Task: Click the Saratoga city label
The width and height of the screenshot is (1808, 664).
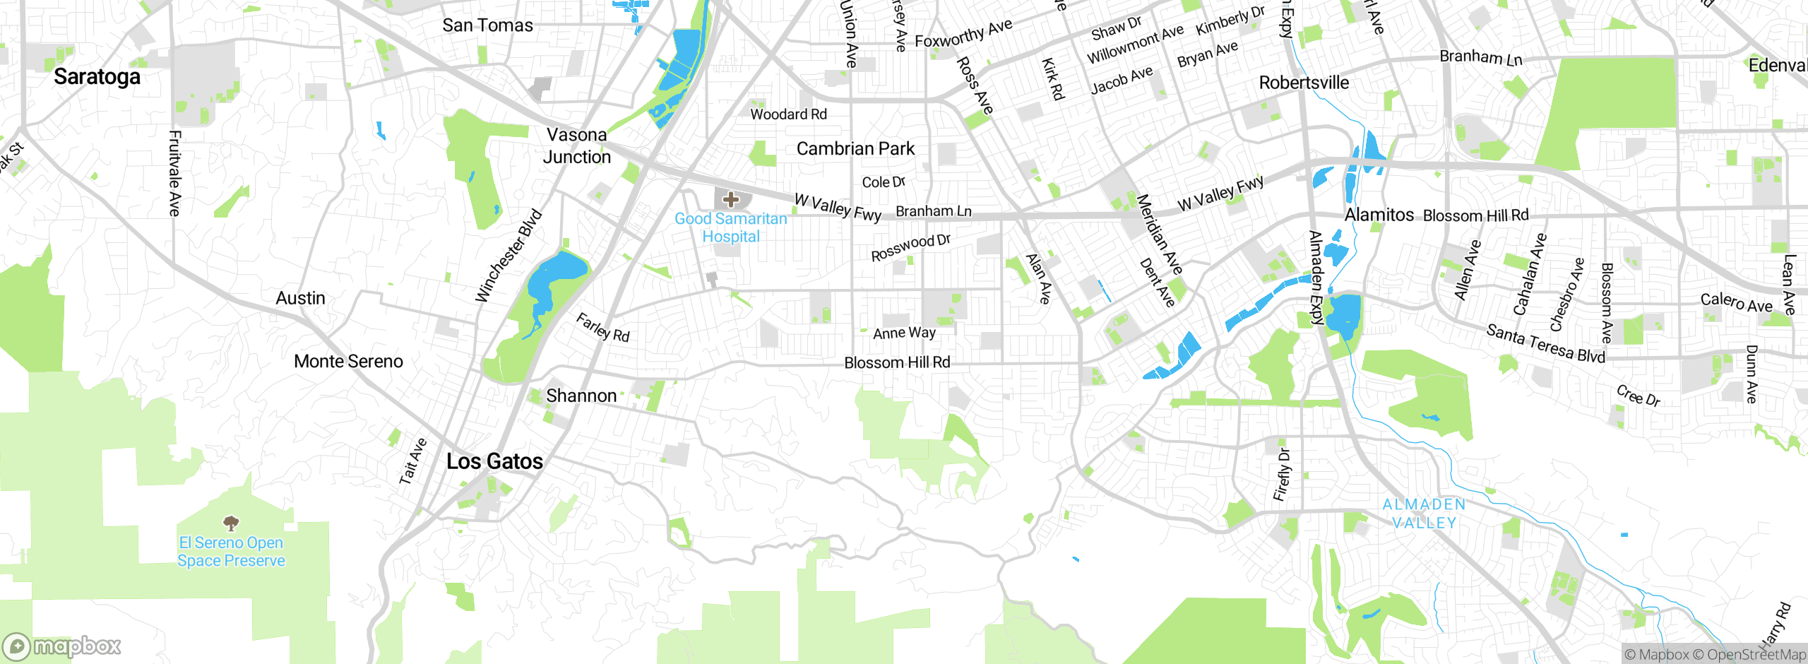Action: point(97,76)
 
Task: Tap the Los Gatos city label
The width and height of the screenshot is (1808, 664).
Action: point(494,461)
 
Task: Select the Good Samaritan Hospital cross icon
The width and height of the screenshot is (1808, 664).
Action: point(731,200)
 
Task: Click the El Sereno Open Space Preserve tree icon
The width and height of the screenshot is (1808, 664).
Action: point(231,523)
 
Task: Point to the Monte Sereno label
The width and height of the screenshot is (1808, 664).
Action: point(348,362)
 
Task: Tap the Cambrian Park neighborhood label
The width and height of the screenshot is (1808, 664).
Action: point(855,149)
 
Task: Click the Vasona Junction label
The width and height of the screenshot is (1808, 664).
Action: point(576,146)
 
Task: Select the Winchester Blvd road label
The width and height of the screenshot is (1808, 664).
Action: point(509,256)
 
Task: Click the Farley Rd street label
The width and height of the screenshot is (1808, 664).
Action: point(602,328)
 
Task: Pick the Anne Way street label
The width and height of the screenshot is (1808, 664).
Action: point(904,333)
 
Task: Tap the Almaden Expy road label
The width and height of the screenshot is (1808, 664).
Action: point(1316,277)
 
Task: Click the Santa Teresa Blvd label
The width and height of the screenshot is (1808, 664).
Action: point(1545,343)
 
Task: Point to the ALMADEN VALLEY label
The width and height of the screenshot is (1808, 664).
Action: point(1424,514)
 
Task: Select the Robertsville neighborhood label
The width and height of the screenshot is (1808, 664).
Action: point(1304,83)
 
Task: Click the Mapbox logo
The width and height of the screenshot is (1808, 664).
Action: point(62,646)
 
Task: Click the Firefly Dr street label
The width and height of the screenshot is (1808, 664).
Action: point(1282,475)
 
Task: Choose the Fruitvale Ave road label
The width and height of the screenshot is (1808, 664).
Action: point(174,173)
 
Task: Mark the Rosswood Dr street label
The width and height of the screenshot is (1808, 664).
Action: point(910,248)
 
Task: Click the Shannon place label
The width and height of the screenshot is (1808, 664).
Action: point(581,396)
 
